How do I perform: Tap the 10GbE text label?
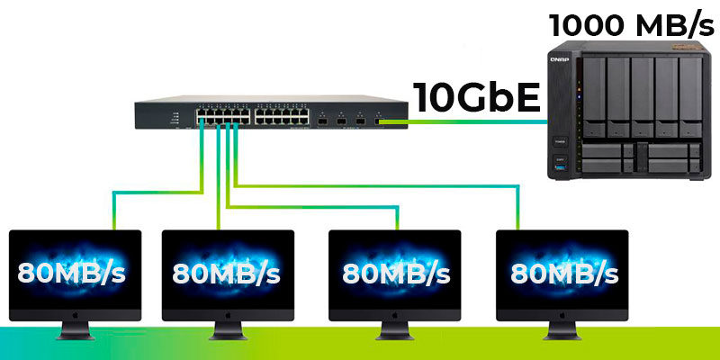tap(477, 97)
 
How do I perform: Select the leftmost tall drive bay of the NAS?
tap(594, 97)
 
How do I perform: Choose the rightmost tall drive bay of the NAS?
tap(690, 97)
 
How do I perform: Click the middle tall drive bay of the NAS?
tap(643, 97)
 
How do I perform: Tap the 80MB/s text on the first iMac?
tap(71, 273)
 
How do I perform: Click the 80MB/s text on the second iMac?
tap(226, 273)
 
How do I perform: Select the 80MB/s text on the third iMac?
tap(396, 273)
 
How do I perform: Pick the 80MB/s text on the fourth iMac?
tap(564, 273)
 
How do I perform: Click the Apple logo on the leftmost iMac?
tap(76, 316)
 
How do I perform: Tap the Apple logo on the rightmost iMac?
tap(562, 316)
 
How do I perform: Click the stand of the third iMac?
tap(394, 330)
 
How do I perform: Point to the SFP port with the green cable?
tap(378, 121)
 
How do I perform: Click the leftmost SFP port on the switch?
tap(322, 121)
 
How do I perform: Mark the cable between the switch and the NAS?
tap(463, 121)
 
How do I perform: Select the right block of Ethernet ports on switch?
tap(282, 117)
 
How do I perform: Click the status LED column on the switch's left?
tap(175, 118)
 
